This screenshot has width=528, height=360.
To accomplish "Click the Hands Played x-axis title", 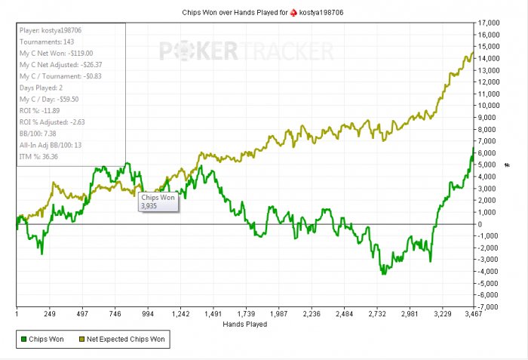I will tap(245, 325).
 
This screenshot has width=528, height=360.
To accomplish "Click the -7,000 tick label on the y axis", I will tap(493, 306).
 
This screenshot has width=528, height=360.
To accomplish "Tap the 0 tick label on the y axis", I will tap(481, 224).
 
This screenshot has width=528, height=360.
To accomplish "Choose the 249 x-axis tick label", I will tap(51, 314).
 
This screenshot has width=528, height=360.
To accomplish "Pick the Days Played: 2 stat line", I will tap(42, 88).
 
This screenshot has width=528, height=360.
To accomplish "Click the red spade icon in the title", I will tap(283, 13).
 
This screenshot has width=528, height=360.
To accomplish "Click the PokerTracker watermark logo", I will tap(246, 51).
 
